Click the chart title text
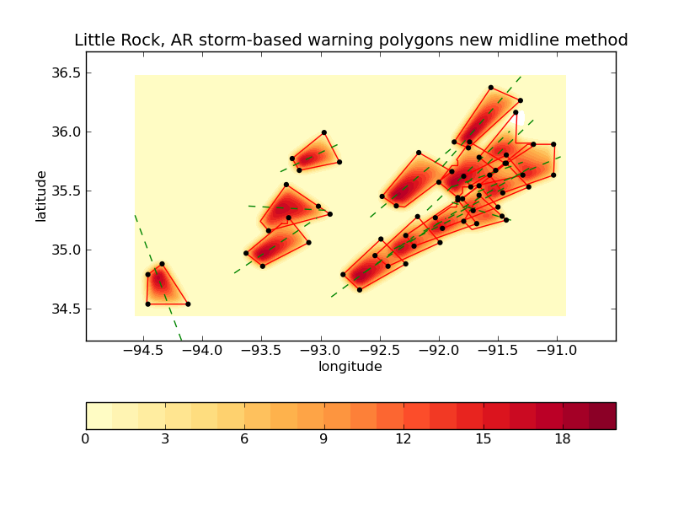[x=350, y=40]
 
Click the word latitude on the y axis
[x=41, y=196]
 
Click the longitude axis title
[x=350, y=367]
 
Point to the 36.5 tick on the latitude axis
[x=64, y=73]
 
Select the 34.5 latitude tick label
[x=64, y=309]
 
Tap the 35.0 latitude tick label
[x=64, y=250]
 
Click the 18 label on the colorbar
[x=563, y=439]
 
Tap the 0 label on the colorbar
[x=86, y=439]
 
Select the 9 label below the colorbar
[x=324, y=439]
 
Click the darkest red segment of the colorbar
[x=602, y=416]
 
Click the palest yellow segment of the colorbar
[x=99, y=416]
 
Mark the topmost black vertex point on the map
[x=490, y=87]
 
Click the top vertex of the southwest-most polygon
[x=162, y=264]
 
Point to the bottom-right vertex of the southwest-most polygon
[x=188, y=304]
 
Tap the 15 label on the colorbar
[x=483, y=439]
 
